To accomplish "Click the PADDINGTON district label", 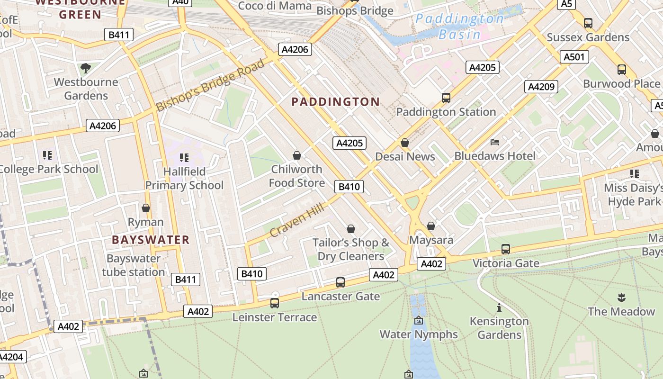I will pyautogui.click(x=335, y=102).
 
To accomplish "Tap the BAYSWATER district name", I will pyautogui.click(x=151, y=240).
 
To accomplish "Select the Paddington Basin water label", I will pyautogui.click(x=459, y=27).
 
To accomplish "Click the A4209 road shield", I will pyautogui.click(x=541, y=87).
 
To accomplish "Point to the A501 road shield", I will pyautogui.click(x=574, y=57).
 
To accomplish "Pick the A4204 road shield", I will pyautogui.click(x=11, y=357).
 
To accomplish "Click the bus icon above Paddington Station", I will pyautogui.click(x=446, y=98).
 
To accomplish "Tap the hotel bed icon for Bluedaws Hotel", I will pyautogui.click(x=495, y=142).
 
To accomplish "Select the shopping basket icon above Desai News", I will pyautogui.click(x=405, y=143).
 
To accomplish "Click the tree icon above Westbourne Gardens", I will pyautogui.click(x=86, y=68).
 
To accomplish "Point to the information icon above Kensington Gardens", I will pyautogui.click(x=499, y=307).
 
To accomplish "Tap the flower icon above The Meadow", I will pyautogui.click(x=621, y=298).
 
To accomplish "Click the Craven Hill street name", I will pyautogui.click(x=297, y=220).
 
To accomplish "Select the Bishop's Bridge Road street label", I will pyautogui.click(x=210, y=86).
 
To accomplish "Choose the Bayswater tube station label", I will pyautogui.click(x=134, y=265).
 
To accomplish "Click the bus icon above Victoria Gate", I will pyautogui.click(x=505, y=249).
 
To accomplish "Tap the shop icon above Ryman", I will pyautogui.click(x=146, y=208).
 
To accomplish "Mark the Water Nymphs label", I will pyautogui.click(x=419, y=334).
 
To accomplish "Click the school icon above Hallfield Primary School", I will pyautogui.click(x=184, y=157).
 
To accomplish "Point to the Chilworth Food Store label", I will pyautogui.click(x=297, y=176).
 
